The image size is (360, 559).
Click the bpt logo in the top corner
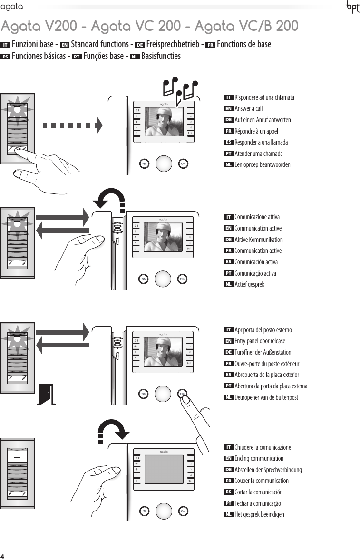(351, 8)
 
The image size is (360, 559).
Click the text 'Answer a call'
(248, 109)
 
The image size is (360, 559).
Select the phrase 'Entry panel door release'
(260, 341)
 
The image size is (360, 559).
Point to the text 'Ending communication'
(259, 459)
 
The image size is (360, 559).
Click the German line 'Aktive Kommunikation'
(258, 240)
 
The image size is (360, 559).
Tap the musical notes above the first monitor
(180, 90)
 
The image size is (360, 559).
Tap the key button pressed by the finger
(183, 393)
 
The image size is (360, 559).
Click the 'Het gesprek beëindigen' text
(259, 514)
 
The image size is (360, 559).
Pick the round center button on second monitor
(163, 279)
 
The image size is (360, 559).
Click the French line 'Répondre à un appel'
(256, 131)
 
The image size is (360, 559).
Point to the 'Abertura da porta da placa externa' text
(271, 386)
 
